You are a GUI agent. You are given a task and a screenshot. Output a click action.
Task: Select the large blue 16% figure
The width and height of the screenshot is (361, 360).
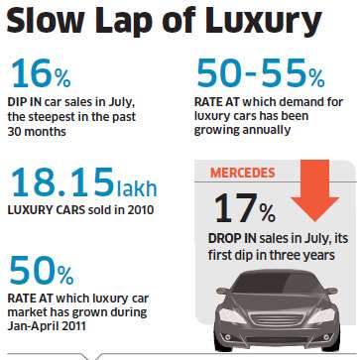point(41,73)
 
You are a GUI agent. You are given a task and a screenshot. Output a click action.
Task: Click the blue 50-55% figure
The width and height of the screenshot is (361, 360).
point(261,73)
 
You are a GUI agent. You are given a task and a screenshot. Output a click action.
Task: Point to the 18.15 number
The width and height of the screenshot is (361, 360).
point(61,182)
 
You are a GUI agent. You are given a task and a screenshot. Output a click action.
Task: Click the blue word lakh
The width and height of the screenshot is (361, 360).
point(136,187)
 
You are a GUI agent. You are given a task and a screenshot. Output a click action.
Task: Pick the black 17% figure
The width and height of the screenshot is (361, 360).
point(245,207)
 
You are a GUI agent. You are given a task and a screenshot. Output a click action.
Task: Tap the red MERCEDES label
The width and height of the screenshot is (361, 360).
point(242,173)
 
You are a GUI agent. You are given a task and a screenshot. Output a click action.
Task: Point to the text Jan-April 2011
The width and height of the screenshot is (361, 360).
point(47,326)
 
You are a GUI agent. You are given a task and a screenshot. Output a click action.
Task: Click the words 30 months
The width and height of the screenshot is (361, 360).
point(37,132)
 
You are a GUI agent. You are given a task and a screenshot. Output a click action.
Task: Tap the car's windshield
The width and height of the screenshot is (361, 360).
point(277,285)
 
